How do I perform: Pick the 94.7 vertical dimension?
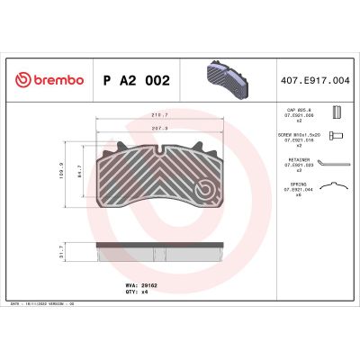[82, 168]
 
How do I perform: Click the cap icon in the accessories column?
[336, 112]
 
